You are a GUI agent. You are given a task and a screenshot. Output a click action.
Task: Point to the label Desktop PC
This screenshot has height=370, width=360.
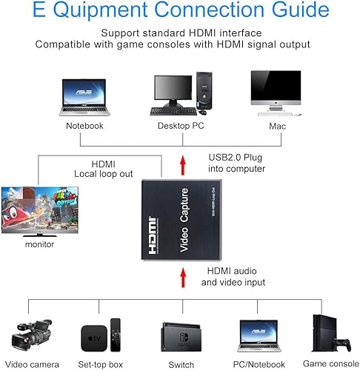coord(180,126)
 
